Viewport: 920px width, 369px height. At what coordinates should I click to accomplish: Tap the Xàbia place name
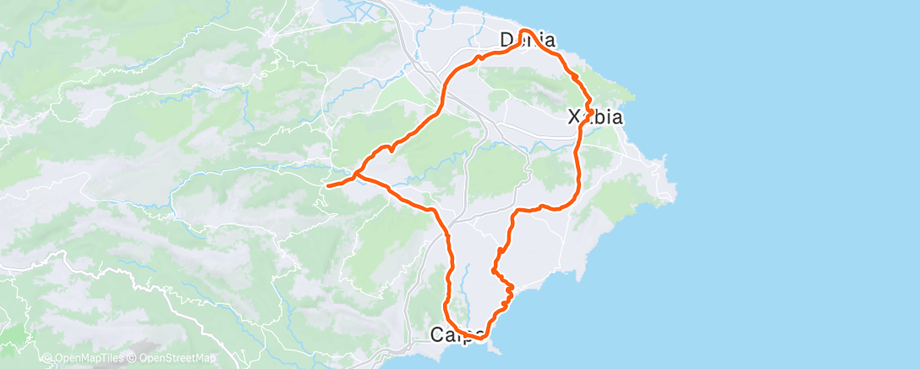click(x=595, y=117)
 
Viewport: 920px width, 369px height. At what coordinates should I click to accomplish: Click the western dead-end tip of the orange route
click(x=327, y=184)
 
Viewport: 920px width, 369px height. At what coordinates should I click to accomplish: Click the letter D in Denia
click(x=507, y=40)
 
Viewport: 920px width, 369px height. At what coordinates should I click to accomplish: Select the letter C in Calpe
click(x=437, y=334)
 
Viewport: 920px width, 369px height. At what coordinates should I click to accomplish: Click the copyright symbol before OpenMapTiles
click(x=47, y=358)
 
